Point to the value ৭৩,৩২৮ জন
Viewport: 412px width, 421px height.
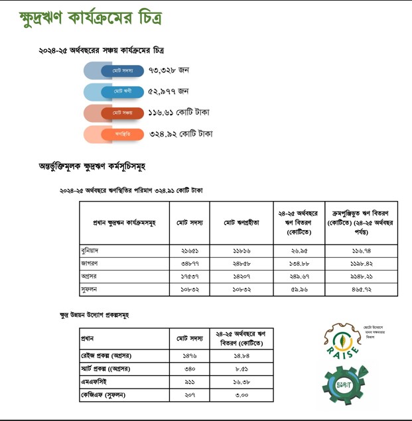point(169,70)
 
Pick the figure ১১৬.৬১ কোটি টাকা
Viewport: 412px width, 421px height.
point(178,113)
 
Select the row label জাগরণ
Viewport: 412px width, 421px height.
point(90,263)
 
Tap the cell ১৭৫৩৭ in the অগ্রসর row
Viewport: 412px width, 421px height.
point(190,276)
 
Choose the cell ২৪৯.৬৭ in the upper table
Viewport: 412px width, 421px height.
point(299,276)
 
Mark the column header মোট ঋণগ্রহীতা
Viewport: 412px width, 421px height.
point(241,223)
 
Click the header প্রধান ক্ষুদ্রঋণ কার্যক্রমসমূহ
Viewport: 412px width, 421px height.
point(124,223)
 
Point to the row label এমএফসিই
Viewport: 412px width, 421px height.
point(92,383)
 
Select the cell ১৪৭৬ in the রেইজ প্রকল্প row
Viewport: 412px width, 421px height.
point(190,357)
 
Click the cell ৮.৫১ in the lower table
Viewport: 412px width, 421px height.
point(241,369)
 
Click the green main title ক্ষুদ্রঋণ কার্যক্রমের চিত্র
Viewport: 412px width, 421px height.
point(91,17)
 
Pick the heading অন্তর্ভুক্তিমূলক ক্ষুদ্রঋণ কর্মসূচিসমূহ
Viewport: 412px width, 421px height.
point(92,166)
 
